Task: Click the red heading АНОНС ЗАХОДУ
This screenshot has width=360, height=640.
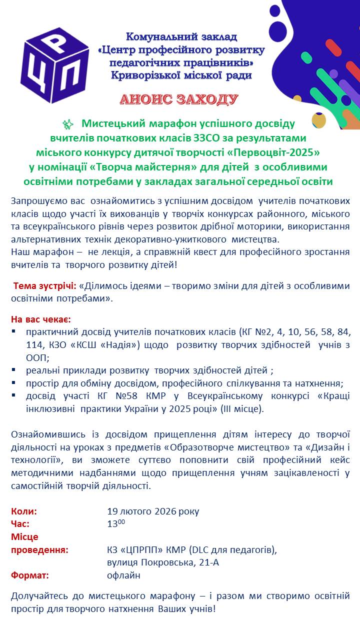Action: pyautogui.click(x=179, y=99)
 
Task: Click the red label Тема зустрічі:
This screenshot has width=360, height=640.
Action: pyautogui.click(x=44, y=286)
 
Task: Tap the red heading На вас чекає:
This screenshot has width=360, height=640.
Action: pyautogui.click(x=41, y=319)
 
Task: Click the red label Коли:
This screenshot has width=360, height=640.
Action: pyautogui.click(x=24, y=511)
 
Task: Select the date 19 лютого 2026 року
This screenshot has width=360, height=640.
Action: pyautogui.click(x=153, y=511)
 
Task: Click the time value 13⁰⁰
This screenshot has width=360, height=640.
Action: pyautogui.click(x=115, y=523)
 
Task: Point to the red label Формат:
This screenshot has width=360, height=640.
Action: pyautogui.click(x=30, y=575)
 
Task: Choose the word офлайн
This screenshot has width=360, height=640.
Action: pyautogui.click(x=123, y=575)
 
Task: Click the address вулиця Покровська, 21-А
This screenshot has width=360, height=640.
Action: pyautogui.click(x=163, y=562)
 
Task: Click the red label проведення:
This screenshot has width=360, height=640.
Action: pyautogui.click(x=40, y=550)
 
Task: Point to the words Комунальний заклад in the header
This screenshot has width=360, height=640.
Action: pyautogui.click(x=181, y=36)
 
